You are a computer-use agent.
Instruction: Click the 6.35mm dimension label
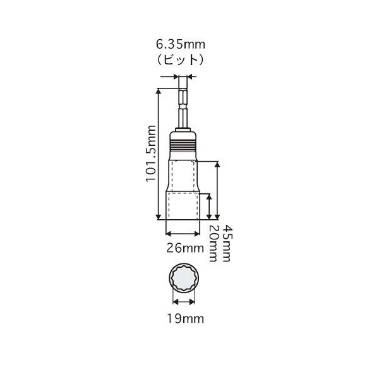click(181, 44)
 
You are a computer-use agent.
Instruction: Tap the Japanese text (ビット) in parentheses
click(181, 59)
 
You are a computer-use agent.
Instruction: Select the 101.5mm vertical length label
click(151, 153)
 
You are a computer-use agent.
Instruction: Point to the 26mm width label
click(185, 248)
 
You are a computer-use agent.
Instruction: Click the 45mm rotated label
click(227, 243)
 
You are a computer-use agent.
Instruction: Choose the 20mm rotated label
click(213, 243)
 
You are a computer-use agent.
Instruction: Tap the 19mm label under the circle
click(185, 319)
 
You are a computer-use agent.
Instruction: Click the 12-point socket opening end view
click(184, 278)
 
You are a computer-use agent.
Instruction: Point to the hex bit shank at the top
click(183, 108)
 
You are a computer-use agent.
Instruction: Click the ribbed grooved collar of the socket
click(183, 144)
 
